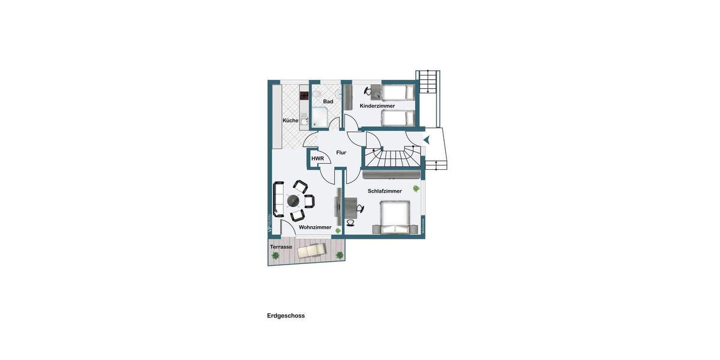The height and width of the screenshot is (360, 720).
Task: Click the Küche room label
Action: coord(290,121)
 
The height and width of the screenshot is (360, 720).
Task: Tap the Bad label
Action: coord(328,101)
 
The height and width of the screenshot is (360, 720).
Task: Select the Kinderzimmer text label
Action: coord(377,106)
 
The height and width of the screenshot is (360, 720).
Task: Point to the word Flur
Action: coord(341,153)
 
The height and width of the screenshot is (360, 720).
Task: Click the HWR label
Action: coord(317,159)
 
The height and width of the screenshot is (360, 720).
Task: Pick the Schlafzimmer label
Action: coord(385,191)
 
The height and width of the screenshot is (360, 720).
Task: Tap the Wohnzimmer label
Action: coord(315,228)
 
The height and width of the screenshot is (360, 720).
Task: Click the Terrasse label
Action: coord(281,247)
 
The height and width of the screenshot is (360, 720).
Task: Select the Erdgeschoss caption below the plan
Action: coord(286,316)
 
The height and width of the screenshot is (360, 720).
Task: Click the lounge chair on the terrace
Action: coord(311,250)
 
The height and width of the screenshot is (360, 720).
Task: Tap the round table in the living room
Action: coord(294,200)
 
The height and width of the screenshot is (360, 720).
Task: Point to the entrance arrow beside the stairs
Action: coord(427,140)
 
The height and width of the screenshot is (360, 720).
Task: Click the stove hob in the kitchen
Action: coord(304,95)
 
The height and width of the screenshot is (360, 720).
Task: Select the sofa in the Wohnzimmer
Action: coord(278,199)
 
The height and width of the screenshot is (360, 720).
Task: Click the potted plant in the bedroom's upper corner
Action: coord(416,189)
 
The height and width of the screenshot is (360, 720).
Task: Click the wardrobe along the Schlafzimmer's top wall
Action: coord(391,175)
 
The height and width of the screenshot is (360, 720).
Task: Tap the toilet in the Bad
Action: coord(316,94)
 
